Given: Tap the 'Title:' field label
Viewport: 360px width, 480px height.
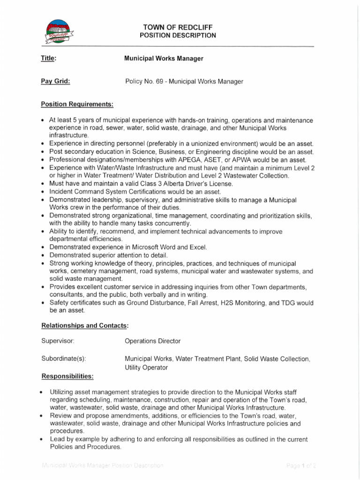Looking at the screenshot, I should pos(49,59).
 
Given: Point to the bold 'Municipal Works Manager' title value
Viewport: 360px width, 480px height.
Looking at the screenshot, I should pos(164,59).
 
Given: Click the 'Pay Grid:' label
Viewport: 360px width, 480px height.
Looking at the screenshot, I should pos(55,81).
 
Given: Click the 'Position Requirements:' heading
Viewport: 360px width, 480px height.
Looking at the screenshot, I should pos(77,104).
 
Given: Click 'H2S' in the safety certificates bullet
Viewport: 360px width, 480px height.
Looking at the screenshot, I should pos(225,303).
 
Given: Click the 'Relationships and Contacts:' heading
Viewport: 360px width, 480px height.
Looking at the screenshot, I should pos(85,325).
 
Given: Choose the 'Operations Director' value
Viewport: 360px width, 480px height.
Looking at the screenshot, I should pos(152,341).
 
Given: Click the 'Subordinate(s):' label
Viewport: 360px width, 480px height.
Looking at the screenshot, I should pos(63,359).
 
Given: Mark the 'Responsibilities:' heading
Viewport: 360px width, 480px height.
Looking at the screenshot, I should pos(67,376).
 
